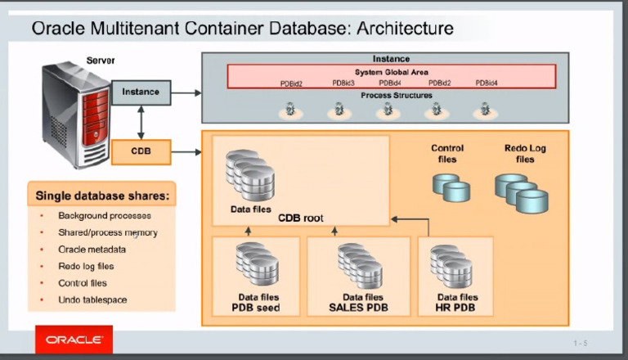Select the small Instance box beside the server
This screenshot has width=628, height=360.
pyautogui.click(x=141, y=92)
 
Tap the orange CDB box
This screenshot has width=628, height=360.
pyautogui.click(x=141, y=151)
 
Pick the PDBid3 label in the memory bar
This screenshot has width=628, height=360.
pyautogui.click(x=343, y=83)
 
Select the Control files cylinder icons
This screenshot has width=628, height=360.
pyautogui.click(x=451, y=187)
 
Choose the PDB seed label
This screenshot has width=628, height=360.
pyautogui.click(x=256, y=308)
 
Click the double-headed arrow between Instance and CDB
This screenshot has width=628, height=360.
pyautogui.click(x=141, y=122)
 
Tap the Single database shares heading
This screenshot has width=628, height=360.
pyautogui.click(x=102, y=196)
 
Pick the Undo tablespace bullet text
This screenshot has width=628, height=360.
pyautogui.click(x=92, y=300)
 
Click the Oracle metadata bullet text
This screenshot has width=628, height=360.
pyautogui.click(x=92, y=250)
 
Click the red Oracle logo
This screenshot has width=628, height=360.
pyautogui.click(x=74, y=339)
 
